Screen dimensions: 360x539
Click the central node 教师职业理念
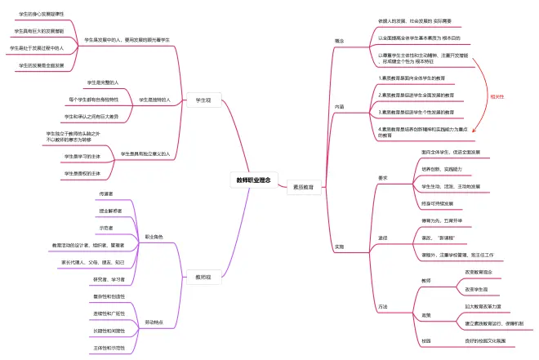pos(253,180)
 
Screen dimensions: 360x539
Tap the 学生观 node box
pos(198,100)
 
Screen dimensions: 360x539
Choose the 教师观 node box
pos(203,277)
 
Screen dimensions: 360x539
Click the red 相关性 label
pos(496,96)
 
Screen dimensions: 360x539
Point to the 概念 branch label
pos(339,40)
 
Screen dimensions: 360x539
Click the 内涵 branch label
pos(339,106)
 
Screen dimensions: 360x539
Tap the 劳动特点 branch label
pos(153,322)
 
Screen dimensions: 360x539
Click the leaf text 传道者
pos(105,193)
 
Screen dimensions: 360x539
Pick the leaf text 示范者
pos(105,229)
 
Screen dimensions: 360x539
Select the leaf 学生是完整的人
pos(103,82)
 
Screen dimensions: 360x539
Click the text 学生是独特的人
pos(154,100)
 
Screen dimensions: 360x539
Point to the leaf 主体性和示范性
pos(109,347)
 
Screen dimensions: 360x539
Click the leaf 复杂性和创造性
pos(109,296)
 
